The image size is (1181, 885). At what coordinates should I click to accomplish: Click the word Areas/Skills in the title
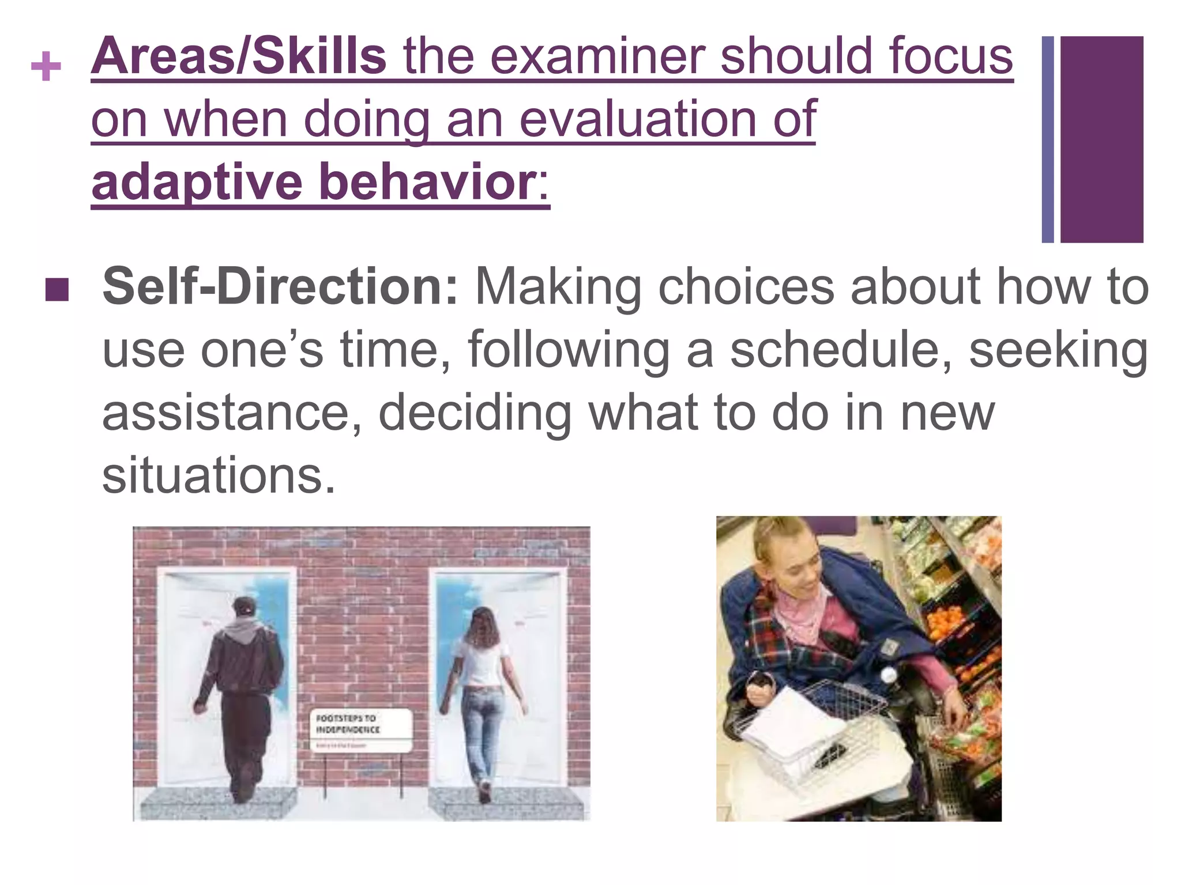(x=238, y=56)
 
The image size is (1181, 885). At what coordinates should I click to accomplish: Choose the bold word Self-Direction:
(x=280, y=286)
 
